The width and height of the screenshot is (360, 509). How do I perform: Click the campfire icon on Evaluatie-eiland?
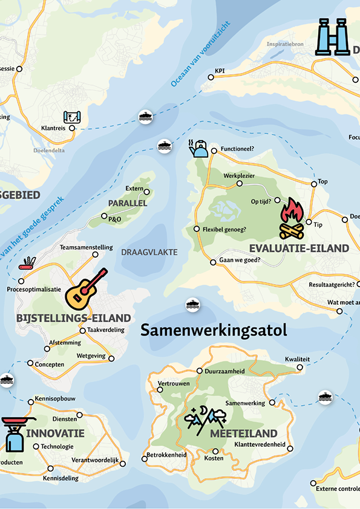tap(292, 218)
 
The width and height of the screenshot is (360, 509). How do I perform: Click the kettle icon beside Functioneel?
tap(198, 148)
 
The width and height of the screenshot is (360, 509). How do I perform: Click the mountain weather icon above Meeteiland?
tap(206, 418)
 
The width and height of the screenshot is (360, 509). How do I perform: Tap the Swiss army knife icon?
tap(27, 262)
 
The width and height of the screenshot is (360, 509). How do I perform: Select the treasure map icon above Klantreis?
tap(72, 117)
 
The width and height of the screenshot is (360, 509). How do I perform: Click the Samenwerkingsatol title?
tap(213, 330)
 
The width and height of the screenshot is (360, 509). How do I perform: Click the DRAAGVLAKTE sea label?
tap(149, 251)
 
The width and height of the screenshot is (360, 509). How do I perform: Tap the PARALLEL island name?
tap(128, 203)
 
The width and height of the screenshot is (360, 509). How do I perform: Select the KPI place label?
tap(220, 71)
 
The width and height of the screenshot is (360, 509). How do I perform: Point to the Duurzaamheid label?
tap(224, 371)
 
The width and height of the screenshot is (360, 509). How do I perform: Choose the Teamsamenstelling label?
tap(86, 247)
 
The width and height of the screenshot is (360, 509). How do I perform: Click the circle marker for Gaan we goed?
tap(212, 262)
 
